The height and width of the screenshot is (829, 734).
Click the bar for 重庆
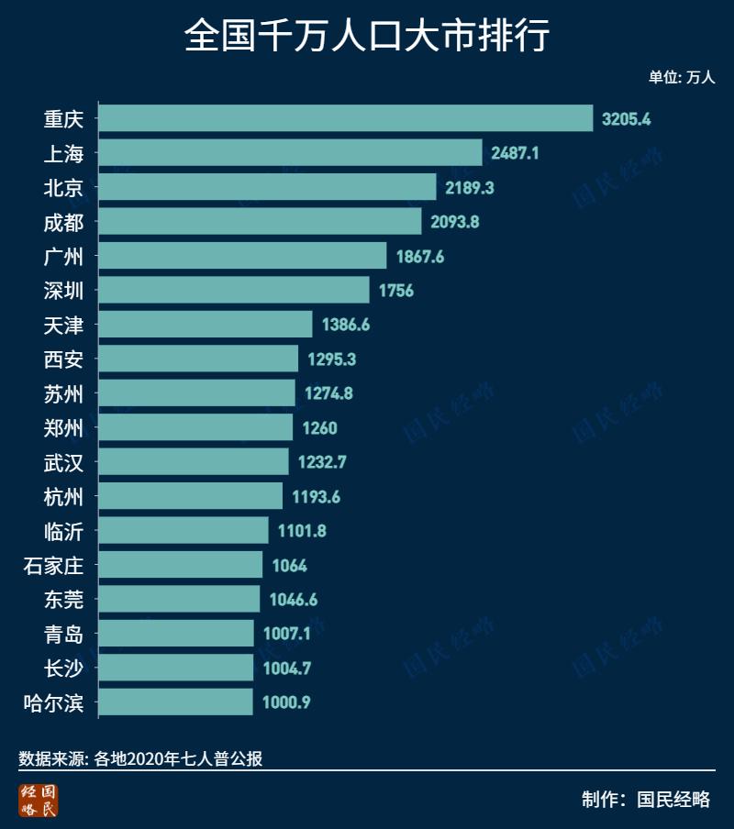345,118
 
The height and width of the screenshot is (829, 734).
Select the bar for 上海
290,152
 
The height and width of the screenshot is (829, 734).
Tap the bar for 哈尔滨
174,702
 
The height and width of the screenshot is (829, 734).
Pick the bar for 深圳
233,290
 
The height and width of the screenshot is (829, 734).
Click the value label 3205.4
627,119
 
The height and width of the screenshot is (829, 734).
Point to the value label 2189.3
471,187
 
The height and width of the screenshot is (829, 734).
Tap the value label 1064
289,566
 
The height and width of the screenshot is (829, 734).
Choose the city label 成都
63,222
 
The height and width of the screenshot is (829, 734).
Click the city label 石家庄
53,566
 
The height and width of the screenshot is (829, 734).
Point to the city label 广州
63,256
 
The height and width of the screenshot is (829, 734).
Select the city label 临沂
63,531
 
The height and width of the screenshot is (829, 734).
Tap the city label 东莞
63,600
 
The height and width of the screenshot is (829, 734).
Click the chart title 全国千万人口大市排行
367,38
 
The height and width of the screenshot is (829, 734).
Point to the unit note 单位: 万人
682,78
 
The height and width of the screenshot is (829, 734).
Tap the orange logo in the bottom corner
39,800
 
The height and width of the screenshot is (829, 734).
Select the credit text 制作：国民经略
646,799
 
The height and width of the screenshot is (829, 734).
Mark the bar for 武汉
193,462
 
